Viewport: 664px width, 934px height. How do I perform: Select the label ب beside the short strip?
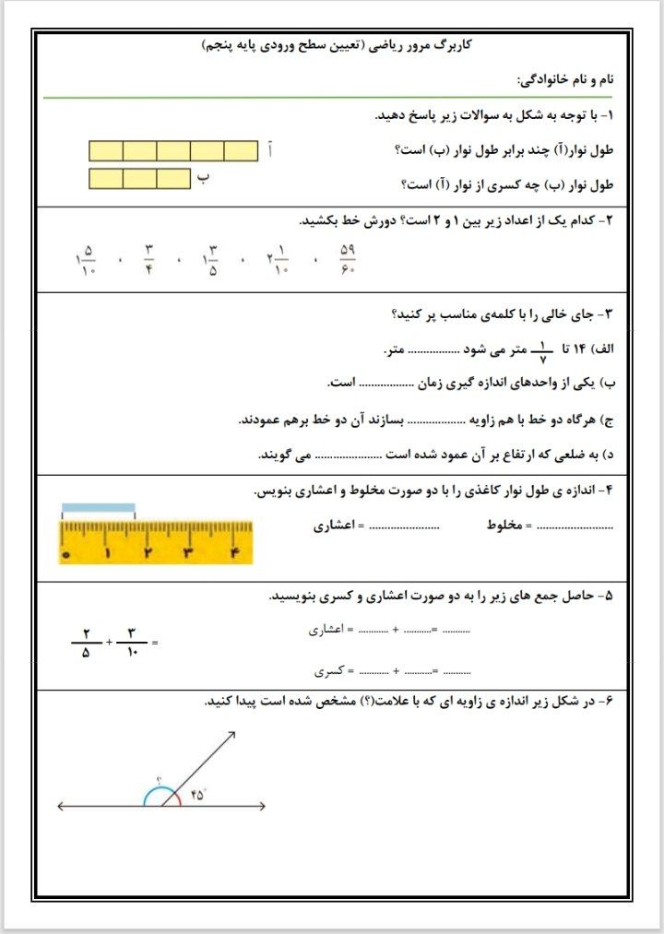tap(203, 177)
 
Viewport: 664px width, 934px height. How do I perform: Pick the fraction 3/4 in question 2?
tap(148, 259)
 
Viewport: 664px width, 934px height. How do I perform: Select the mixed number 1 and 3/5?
tap(210, 259)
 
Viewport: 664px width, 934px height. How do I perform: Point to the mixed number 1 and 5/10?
tap(85, 259)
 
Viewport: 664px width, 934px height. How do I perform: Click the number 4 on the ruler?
tap(233, 553)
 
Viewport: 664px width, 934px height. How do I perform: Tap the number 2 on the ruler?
tap(148, 553)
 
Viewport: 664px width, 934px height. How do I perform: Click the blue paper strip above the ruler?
tap(98, 508)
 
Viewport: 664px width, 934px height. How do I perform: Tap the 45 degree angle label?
tap(197, 793)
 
